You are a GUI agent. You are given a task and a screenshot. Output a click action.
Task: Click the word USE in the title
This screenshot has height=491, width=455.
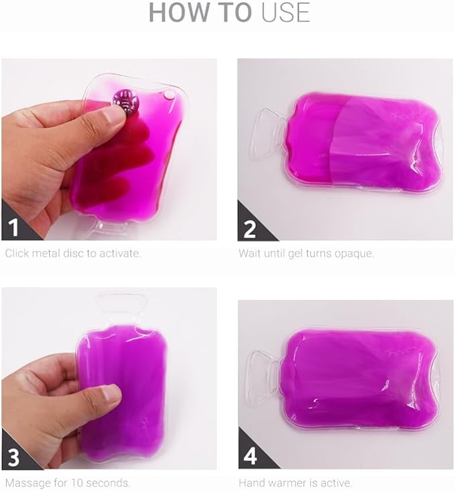click(285, 13)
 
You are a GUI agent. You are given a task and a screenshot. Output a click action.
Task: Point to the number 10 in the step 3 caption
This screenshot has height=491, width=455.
click(76, 482)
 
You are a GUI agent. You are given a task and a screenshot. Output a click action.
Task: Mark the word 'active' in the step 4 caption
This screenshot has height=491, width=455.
click(339, 482)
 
